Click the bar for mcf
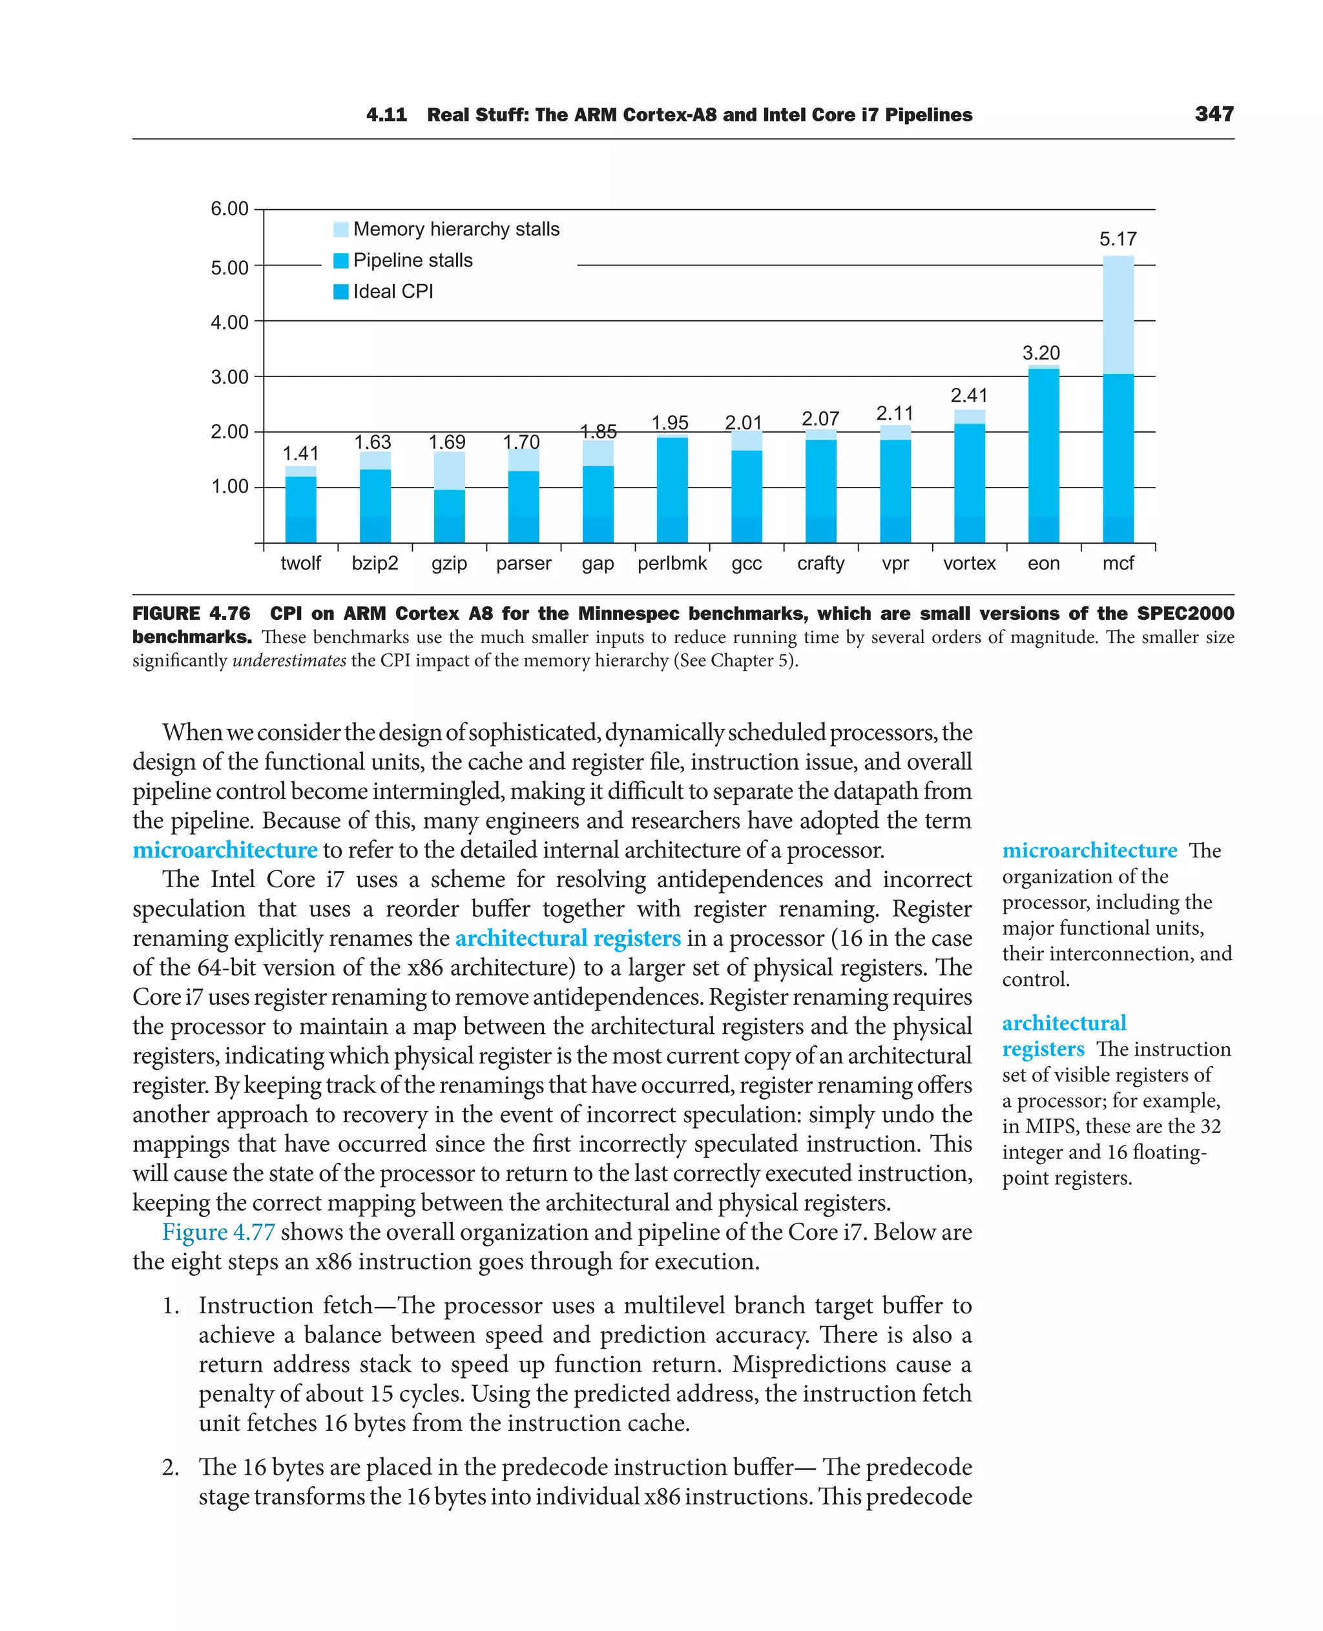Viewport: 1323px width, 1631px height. click(x=1118, y=399)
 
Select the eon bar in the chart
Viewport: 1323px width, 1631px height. click(x=1043, y=455)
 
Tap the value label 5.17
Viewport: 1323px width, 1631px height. click(x=1117, y=239)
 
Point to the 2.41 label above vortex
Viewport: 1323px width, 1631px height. click(x=968, y=395)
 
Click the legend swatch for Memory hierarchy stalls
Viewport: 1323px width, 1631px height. click(x=340, y=229)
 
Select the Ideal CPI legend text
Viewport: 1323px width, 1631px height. click(x=393, y=292)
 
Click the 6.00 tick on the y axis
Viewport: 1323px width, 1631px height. click(x=229, y=209)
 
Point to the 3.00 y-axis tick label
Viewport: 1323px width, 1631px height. click(x=229, y=377)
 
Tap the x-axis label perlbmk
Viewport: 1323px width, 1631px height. click(x=672, y=564)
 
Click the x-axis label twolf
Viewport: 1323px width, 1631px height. click(x=300, y=564)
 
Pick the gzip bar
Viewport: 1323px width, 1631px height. click(x=450, y=497)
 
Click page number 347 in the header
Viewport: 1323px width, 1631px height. click(x=1214, y=114)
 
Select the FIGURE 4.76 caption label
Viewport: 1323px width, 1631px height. click(x=191, y=614)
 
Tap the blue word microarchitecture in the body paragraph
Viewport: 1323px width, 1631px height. click(x=225, y=850)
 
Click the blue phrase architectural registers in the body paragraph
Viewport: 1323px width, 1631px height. click(x=568, y=939)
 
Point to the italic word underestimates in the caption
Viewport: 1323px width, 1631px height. click(x=289, y=661)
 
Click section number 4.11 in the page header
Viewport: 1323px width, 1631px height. click(x=386, y=115)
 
